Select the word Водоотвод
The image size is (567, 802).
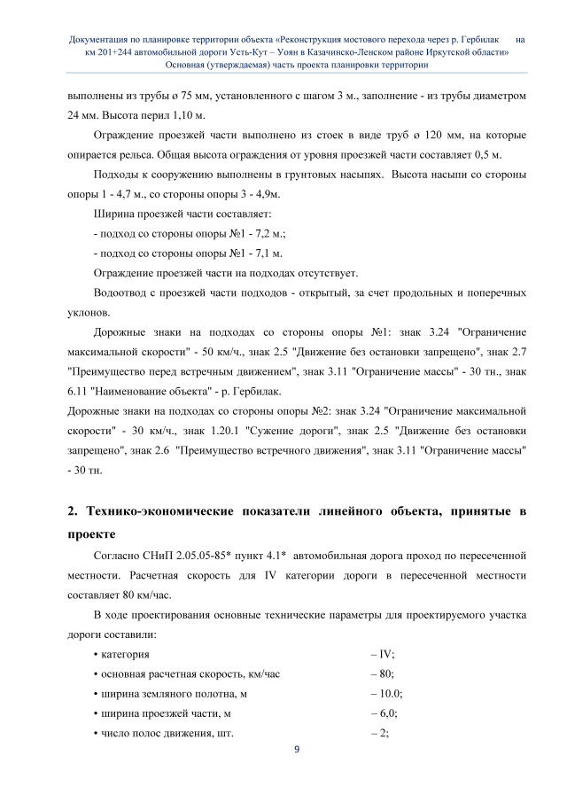click(121, 292)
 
